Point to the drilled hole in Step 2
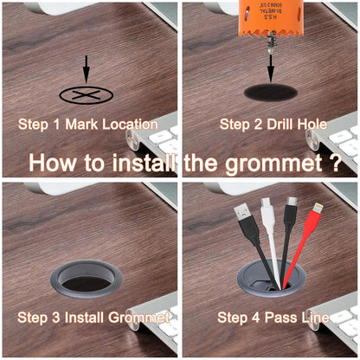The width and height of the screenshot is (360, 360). (x=271, y=92)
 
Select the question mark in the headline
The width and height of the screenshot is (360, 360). (x=334, y=163)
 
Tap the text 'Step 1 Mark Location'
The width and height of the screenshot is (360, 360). (x=88, y=124)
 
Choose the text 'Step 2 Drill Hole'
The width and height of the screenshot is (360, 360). (x=273, y=124)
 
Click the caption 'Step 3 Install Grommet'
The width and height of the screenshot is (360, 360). (x=94, y=318)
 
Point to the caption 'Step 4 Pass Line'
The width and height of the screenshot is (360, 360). (x=273, y=318)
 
